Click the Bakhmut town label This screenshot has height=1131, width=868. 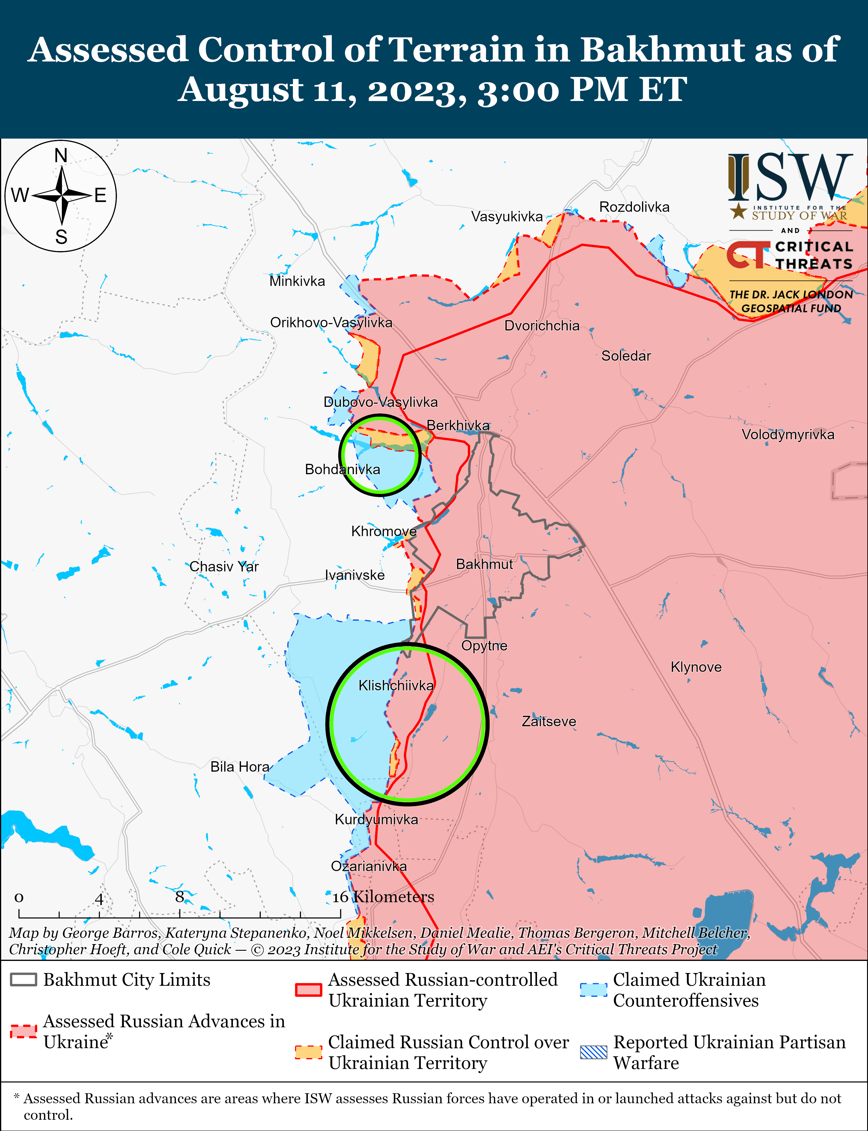(x=484, y=564)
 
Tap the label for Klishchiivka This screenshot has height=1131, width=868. (x=396, y=686)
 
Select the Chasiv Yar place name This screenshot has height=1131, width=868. (x=224, y=567)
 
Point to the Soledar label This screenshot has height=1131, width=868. (x=626, y=356)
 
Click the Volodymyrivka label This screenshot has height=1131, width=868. (x=787, y=435)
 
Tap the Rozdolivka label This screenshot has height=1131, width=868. (x=634, y=207)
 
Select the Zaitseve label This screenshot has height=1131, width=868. (x=548, y=721)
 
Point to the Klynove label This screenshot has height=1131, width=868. (x=696, y=667)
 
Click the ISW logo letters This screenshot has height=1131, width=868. (x=790, y=177)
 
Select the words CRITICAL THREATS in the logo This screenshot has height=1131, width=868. (x=814, y=255)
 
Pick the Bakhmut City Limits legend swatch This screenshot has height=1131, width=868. (x=23, y=980)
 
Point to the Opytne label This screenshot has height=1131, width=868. (x=484, y=646)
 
